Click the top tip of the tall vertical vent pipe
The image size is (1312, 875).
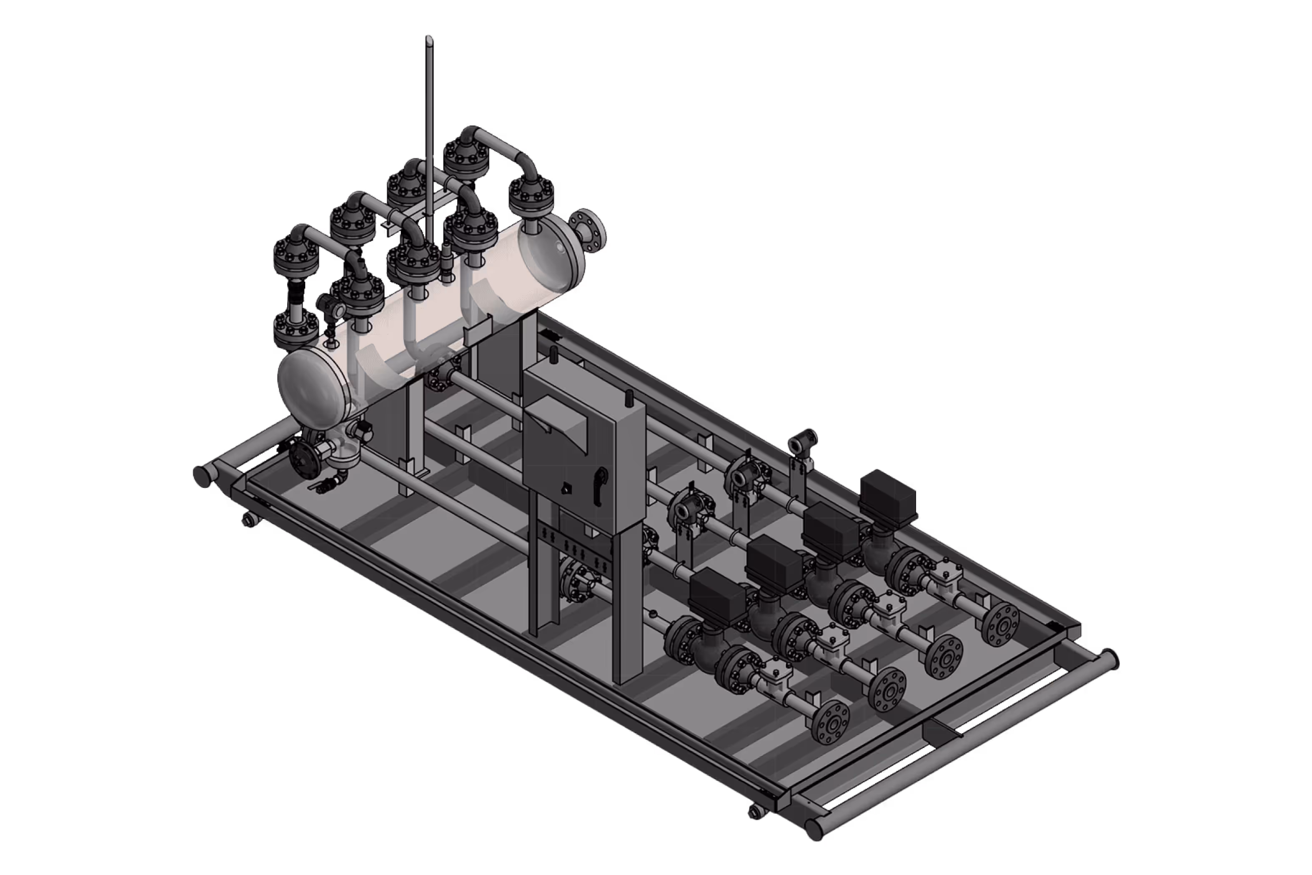(x=429, y=39)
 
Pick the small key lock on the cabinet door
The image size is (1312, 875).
(x=566, y=488)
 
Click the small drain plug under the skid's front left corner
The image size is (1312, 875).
(x=248, y=520)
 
